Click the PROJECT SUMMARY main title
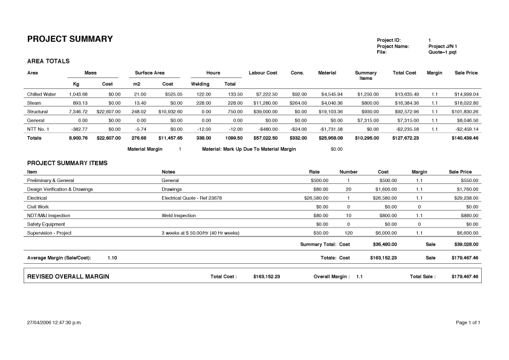(70, 39)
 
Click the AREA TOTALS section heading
(49, 61)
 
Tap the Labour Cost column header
(263, 73)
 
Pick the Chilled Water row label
(42, 94)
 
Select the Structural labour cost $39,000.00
(264, 112)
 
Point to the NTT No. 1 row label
(38, 129)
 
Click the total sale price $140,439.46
(464, 138)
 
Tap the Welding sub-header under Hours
(200, 83)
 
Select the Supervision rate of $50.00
(320, 233)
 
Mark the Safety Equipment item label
(47, 224)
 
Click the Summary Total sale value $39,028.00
(465, 244)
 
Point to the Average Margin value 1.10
(112, 258)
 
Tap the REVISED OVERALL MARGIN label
(68, 277)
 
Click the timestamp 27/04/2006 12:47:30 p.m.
(54, 322)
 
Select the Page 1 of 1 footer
(468, 322)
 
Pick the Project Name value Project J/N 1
(443, 46)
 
